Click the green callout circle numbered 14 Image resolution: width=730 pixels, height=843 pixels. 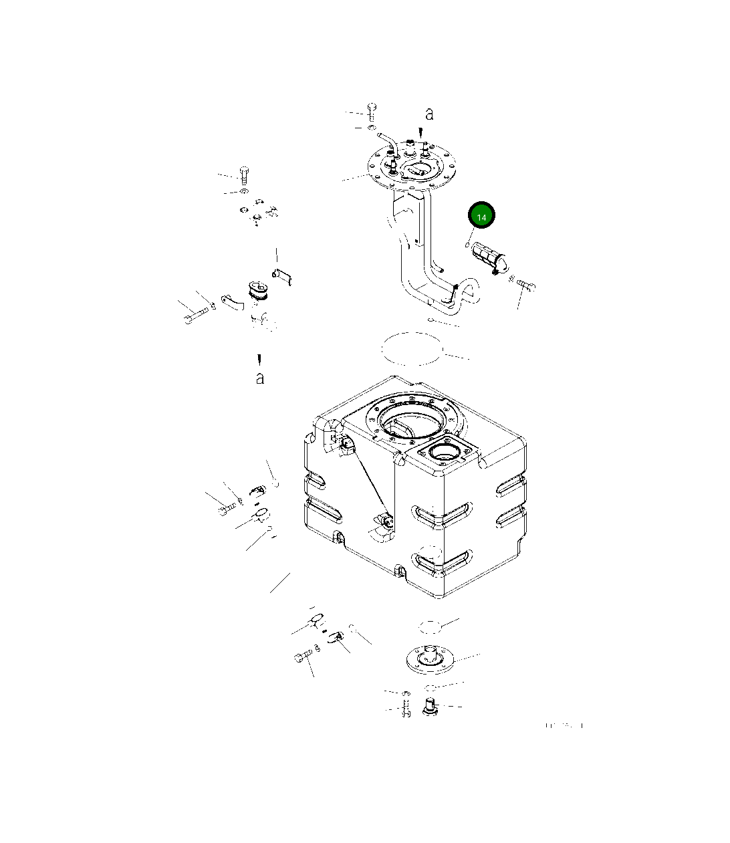tap(481, 216)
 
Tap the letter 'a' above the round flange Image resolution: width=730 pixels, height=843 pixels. tap(429, 114)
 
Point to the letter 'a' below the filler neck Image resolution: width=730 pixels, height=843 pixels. tap(259, 378)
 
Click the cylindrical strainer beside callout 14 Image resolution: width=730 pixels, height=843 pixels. tap(489, 259)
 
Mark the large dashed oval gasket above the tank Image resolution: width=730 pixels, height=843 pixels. tap(412, 348)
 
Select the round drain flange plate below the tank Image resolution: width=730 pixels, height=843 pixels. tap(429, 658)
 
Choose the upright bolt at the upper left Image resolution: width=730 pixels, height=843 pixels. tap(244, 174)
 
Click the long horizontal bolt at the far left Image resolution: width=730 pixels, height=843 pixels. tap(191, 318)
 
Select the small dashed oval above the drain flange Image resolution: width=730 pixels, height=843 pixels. tap(431, 626)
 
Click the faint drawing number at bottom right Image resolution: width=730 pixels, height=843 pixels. tap(564, 725)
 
